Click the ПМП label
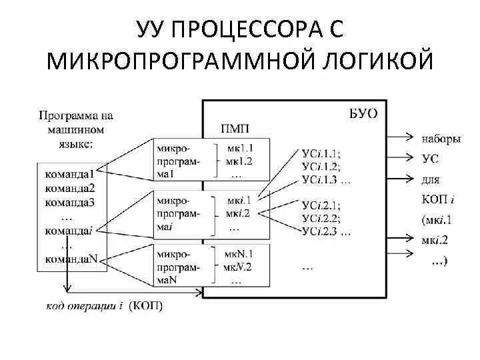(x=235, y=128)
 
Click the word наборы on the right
(x=441, y=140)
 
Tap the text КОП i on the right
(x=438, y=199)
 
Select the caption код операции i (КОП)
(x=105, y=307)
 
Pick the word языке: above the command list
(x=71, y=143)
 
